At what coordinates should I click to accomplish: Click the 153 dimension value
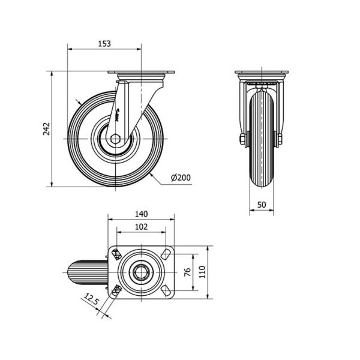(104, 43)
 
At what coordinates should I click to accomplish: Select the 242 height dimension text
(47, 129)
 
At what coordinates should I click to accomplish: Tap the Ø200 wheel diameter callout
(181, 178)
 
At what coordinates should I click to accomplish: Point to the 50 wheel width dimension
(262, 205)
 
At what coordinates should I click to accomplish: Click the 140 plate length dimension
(141, 214)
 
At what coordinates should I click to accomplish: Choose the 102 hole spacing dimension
(141, 227)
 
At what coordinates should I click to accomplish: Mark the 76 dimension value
(188, 272)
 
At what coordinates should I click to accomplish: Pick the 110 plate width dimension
(202, 272)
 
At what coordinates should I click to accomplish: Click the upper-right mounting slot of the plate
(166, 254)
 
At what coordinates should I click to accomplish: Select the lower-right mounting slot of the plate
(166, 290)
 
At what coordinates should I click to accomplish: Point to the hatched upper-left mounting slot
(117, 254)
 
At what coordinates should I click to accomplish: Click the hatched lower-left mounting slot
(117, 290)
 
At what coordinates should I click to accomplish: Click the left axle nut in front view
(242, 139)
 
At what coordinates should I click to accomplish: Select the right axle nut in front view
(280, 139)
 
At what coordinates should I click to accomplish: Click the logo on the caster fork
(116, 115)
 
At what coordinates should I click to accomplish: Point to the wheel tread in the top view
(88, 272)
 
